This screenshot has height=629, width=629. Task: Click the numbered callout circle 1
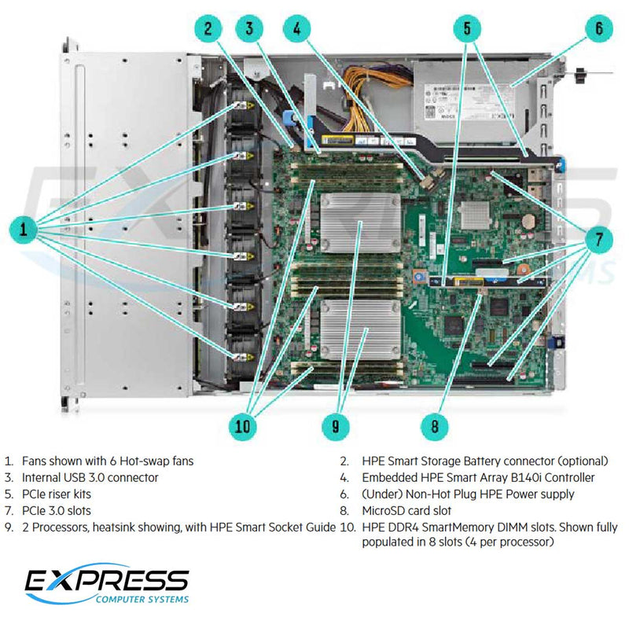(x=24, y=230)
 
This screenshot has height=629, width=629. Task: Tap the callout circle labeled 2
(x=208, y=30)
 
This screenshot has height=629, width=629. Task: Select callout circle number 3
(x=251, y=30)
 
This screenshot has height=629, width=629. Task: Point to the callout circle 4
(x=296, y=30)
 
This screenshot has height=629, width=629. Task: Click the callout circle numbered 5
(x=466, y=30)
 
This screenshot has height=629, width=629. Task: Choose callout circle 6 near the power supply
(x=598, y=30)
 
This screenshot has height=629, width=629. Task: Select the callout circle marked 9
(x=336, y=427)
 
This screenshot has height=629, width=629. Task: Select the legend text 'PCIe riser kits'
(x=57, y=495)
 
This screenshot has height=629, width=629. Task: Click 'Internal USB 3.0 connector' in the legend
(x=90, y=477)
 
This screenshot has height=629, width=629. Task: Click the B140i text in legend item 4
(x=532, y=477)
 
